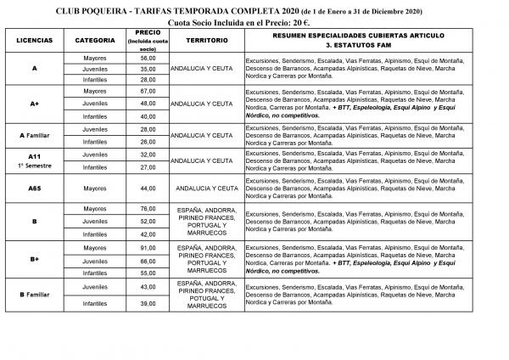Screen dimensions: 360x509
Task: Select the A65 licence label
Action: coord(35,188)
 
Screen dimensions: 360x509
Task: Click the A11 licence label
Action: coord(35,157)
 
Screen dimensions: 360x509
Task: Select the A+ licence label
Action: coord(35,103)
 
